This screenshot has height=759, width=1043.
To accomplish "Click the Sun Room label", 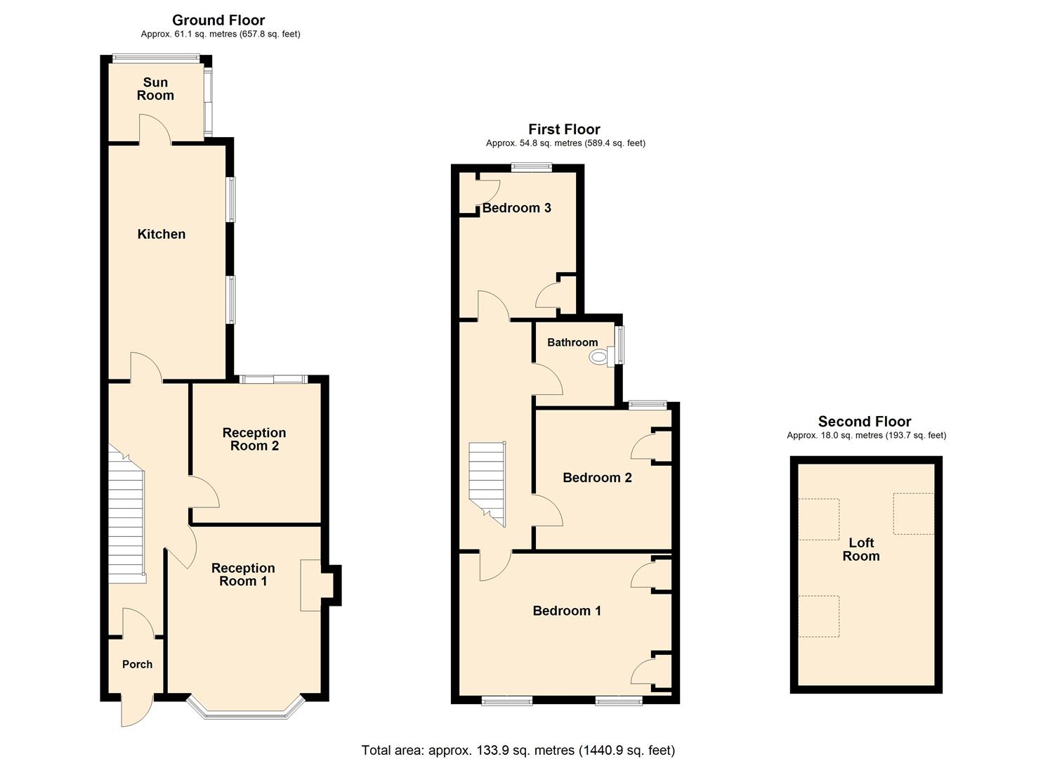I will (x=155, y=89).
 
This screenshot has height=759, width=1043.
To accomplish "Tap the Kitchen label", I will (x=162, y=234).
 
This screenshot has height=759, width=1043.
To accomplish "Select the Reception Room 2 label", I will (x=254, y=439).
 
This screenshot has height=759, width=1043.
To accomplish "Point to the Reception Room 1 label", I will (x=243, y=574).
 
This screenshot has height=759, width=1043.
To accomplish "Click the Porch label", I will (x=137, y=664).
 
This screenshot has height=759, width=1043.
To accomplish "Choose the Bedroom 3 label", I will (x=516, y=208).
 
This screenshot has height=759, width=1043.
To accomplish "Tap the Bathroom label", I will (x=572, y=342).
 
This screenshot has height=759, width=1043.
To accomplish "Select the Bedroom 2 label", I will (x=597, y=478).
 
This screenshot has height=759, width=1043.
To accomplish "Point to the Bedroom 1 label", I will (x=567, y=611).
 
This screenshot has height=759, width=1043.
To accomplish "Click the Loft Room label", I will (x=861, y=549).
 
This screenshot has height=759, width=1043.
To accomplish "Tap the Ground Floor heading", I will (x=218, y=20).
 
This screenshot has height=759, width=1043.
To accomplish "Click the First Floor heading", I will (x=564, y=129).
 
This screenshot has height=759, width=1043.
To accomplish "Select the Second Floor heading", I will (x=865, y=422).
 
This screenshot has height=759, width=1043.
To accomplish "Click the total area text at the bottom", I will (x=518, y=750).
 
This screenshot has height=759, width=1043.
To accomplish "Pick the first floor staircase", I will (x=487, y=481).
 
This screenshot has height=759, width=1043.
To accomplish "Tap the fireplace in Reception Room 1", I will (x=312, y=585).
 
